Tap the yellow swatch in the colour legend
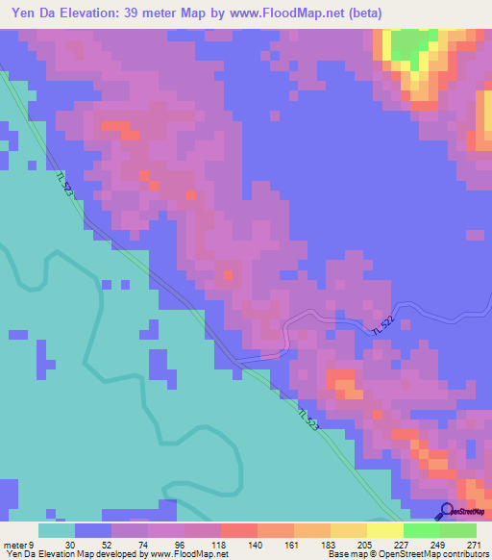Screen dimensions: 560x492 tap(384, 530)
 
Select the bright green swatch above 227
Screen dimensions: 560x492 tap(421, 530)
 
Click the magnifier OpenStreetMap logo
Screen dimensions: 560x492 tap(446, 512)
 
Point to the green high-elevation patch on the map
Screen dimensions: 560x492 tap(411, 44)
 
